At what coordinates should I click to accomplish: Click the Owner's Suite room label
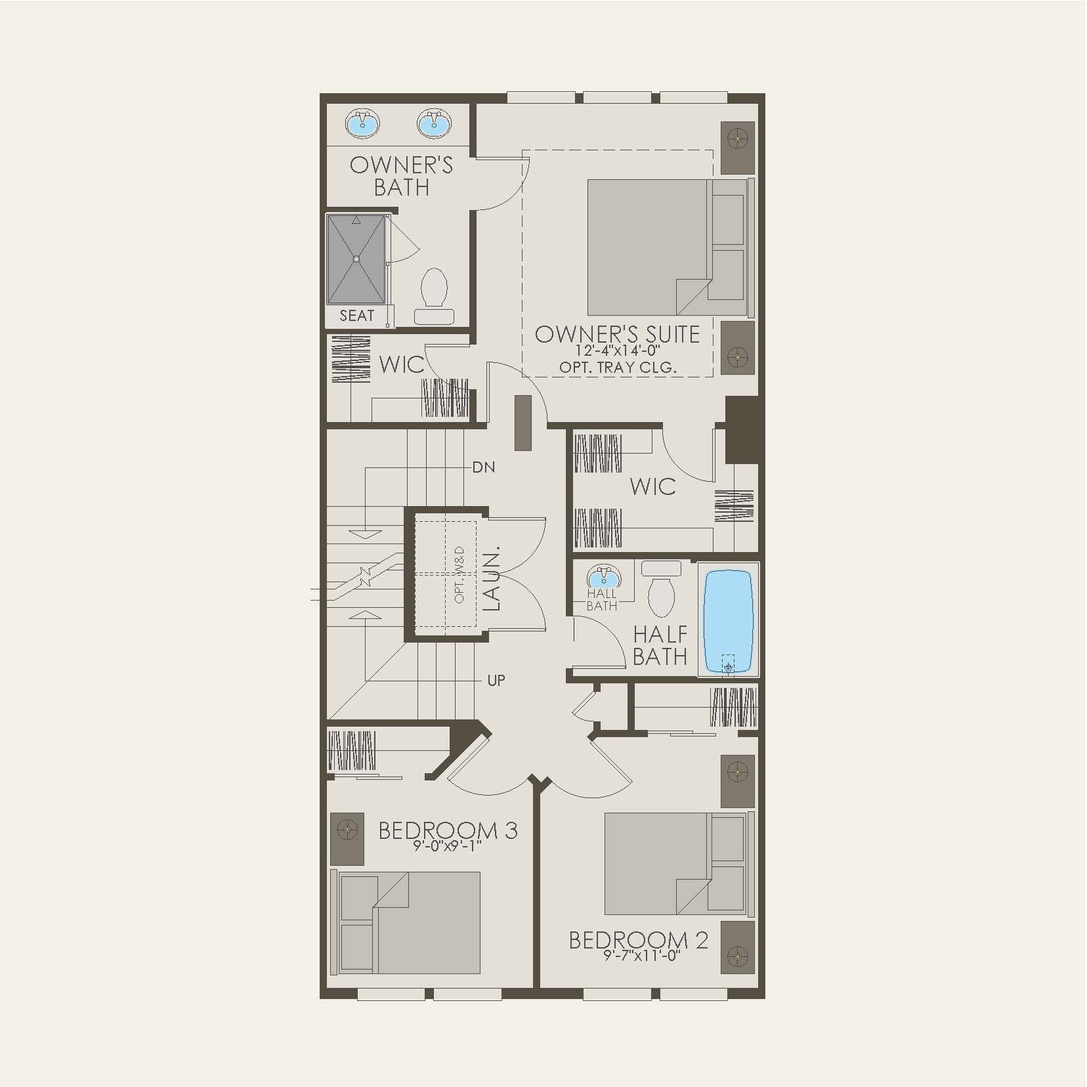pyautogui.click(x=617, y=334)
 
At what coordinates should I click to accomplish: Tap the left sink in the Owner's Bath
pyautogui.click(x=362, y=123)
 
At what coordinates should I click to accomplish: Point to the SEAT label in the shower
pyautogui.click(x=356, y=316)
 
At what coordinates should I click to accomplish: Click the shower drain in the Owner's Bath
pyautogui.click(x=356, y=259)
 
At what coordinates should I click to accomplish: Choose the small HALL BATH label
pyautogui.click(x=602, y=600)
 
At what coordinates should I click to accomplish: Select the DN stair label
pyautogui.click(x=484, y=467)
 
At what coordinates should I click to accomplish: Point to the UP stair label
pyautogui.click(x=496, y=681)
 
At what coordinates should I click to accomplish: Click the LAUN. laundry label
pyautogui.click(x=492, y=578)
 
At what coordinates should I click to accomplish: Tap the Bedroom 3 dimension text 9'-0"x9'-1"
pyautogui.click(x=448, y=846)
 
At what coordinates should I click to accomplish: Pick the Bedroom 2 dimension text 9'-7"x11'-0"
pyautogui.click(x=641, y=956)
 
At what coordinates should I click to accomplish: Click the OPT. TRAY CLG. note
pyautogui.click(x=618, y=368)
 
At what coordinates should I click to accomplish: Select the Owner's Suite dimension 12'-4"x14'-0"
pyautogui.click(x=618, y=351)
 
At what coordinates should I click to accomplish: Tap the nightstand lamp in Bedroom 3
pyautogui.click(x=347, y=830)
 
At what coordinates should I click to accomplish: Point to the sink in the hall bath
pyautogui.click(x=602, y=578)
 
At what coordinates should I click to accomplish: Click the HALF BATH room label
pyautogui.click(x=660, y=645)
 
